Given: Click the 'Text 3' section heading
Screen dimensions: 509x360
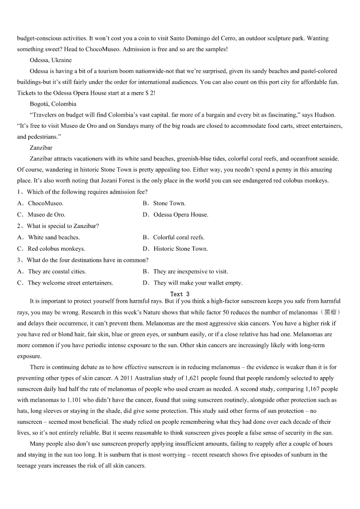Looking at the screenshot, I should click(x=180, y=294).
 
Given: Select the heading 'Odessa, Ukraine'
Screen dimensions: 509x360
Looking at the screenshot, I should click(x=50, y=60).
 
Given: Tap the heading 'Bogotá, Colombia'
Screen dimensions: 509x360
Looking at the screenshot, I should click(x=53, y=104).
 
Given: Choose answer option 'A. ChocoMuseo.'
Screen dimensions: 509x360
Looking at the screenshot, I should click(x=40, y=204).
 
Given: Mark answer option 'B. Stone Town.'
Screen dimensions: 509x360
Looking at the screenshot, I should click(x=164, y=204).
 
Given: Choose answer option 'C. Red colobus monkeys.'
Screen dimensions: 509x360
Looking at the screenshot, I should click(x=51, y=249).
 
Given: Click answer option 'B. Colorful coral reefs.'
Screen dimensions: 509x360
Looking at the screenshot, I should click(x=173, y=238).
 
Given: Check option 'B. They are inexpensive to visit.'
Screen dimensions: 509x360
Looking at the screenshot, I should click(x=185, y=271).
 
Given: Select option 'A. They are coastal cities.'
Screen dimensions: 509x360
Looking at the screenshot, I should click(x=51, y=271).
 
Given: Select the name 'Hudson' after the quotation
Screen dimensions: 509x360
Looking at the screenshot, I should click(x=331, y=115).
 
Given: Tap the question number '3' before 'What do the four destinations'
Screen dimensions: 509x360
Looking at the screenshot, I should click(x=19, y=260).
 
